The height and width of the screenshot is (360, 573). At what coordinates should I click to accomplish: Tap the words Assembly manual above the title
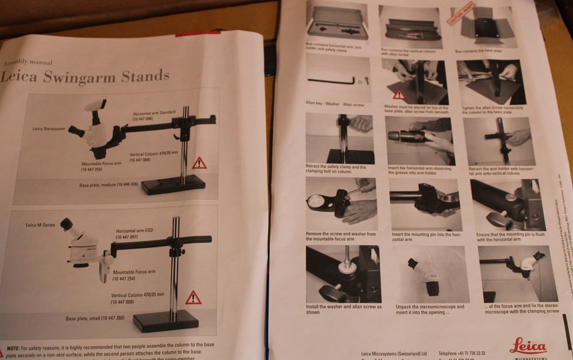coord(28,62)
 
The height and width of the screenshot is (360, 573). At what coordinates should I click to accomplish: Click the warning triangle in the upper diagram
coord(199,163)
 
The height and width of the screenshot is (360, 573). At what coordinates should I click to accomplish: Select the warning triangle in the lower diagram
coord(193,298)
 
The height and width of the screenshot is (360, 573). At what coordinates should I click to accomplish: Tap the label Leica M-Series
coord(41,225)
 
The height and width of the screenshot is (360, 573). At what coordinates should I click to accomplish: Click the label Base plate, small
coord(95,318)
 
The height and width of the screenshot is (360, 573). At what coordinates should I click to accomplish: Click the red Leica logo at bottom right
coord(528,346)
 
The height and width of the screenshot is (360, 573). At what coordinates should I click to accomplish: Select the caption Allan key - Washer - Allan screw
coord(336,103)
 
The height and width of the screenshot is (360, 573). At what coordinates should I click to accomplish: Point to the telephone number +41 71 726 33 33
coord(461,353)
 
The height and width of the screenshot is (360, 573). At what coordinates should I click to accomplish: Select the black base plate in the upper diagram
coord(173,185)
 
